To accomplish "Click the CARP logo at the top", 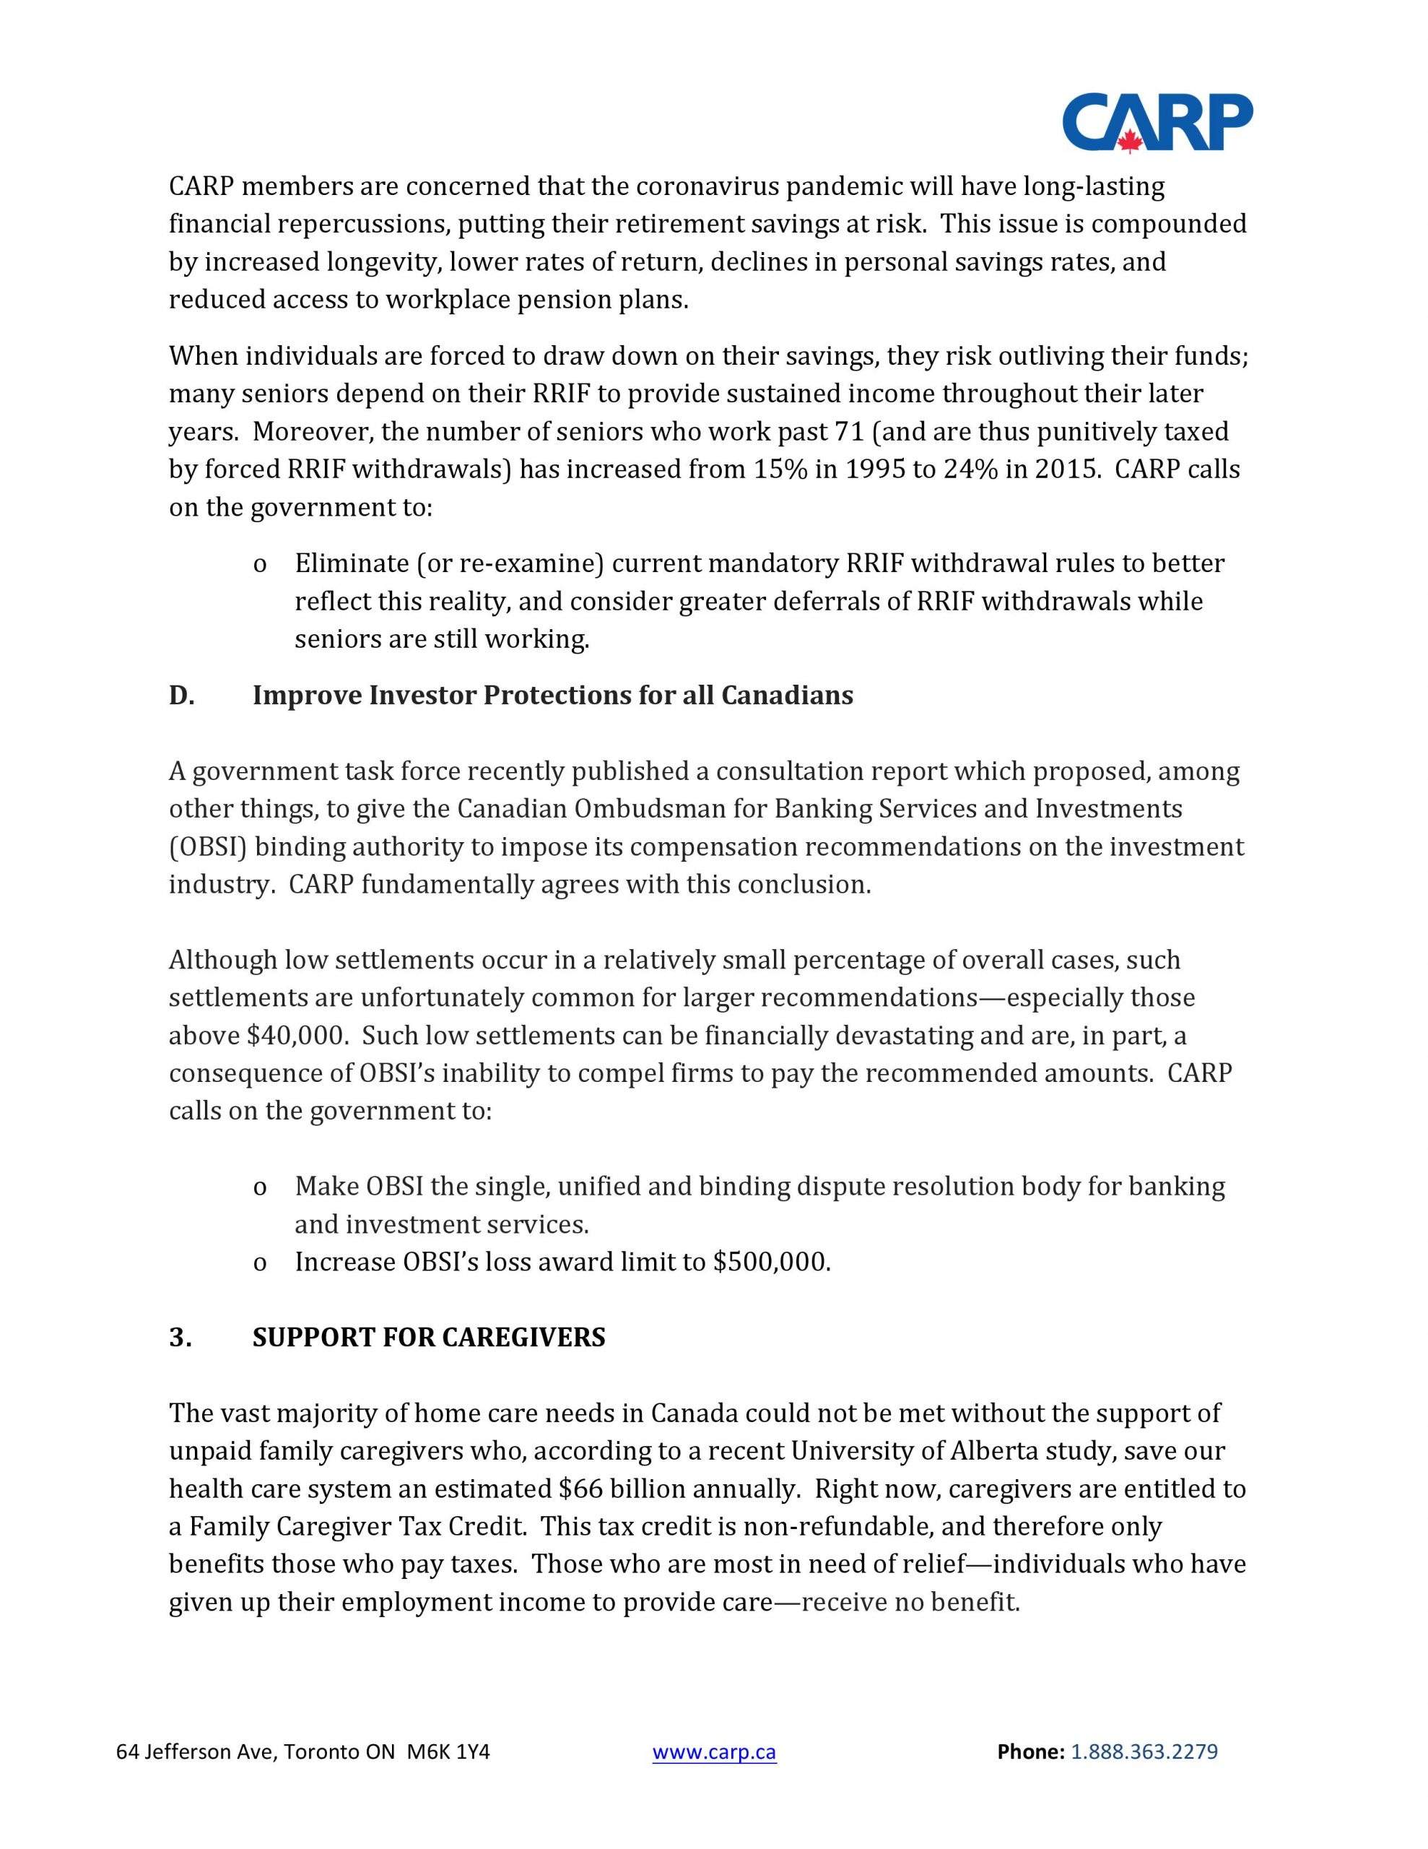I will coord(1157,123).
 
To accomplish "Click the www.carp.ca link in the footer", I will coord(713,1751).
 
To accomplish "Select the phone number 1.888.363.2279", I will coord(1144,1751).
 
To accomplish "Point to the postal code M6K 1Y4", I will coord(448,1751).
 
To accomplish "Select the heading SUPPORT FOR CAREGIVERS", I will coord(428,1337).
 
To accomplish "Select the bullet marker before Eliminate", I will coord(260,565).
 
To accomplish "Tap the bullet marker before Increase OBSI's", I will coord(260,1263).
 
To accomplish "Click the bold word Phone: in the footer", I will coord(1030,1751).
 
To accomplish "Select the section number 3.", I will coord(180,1337).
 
